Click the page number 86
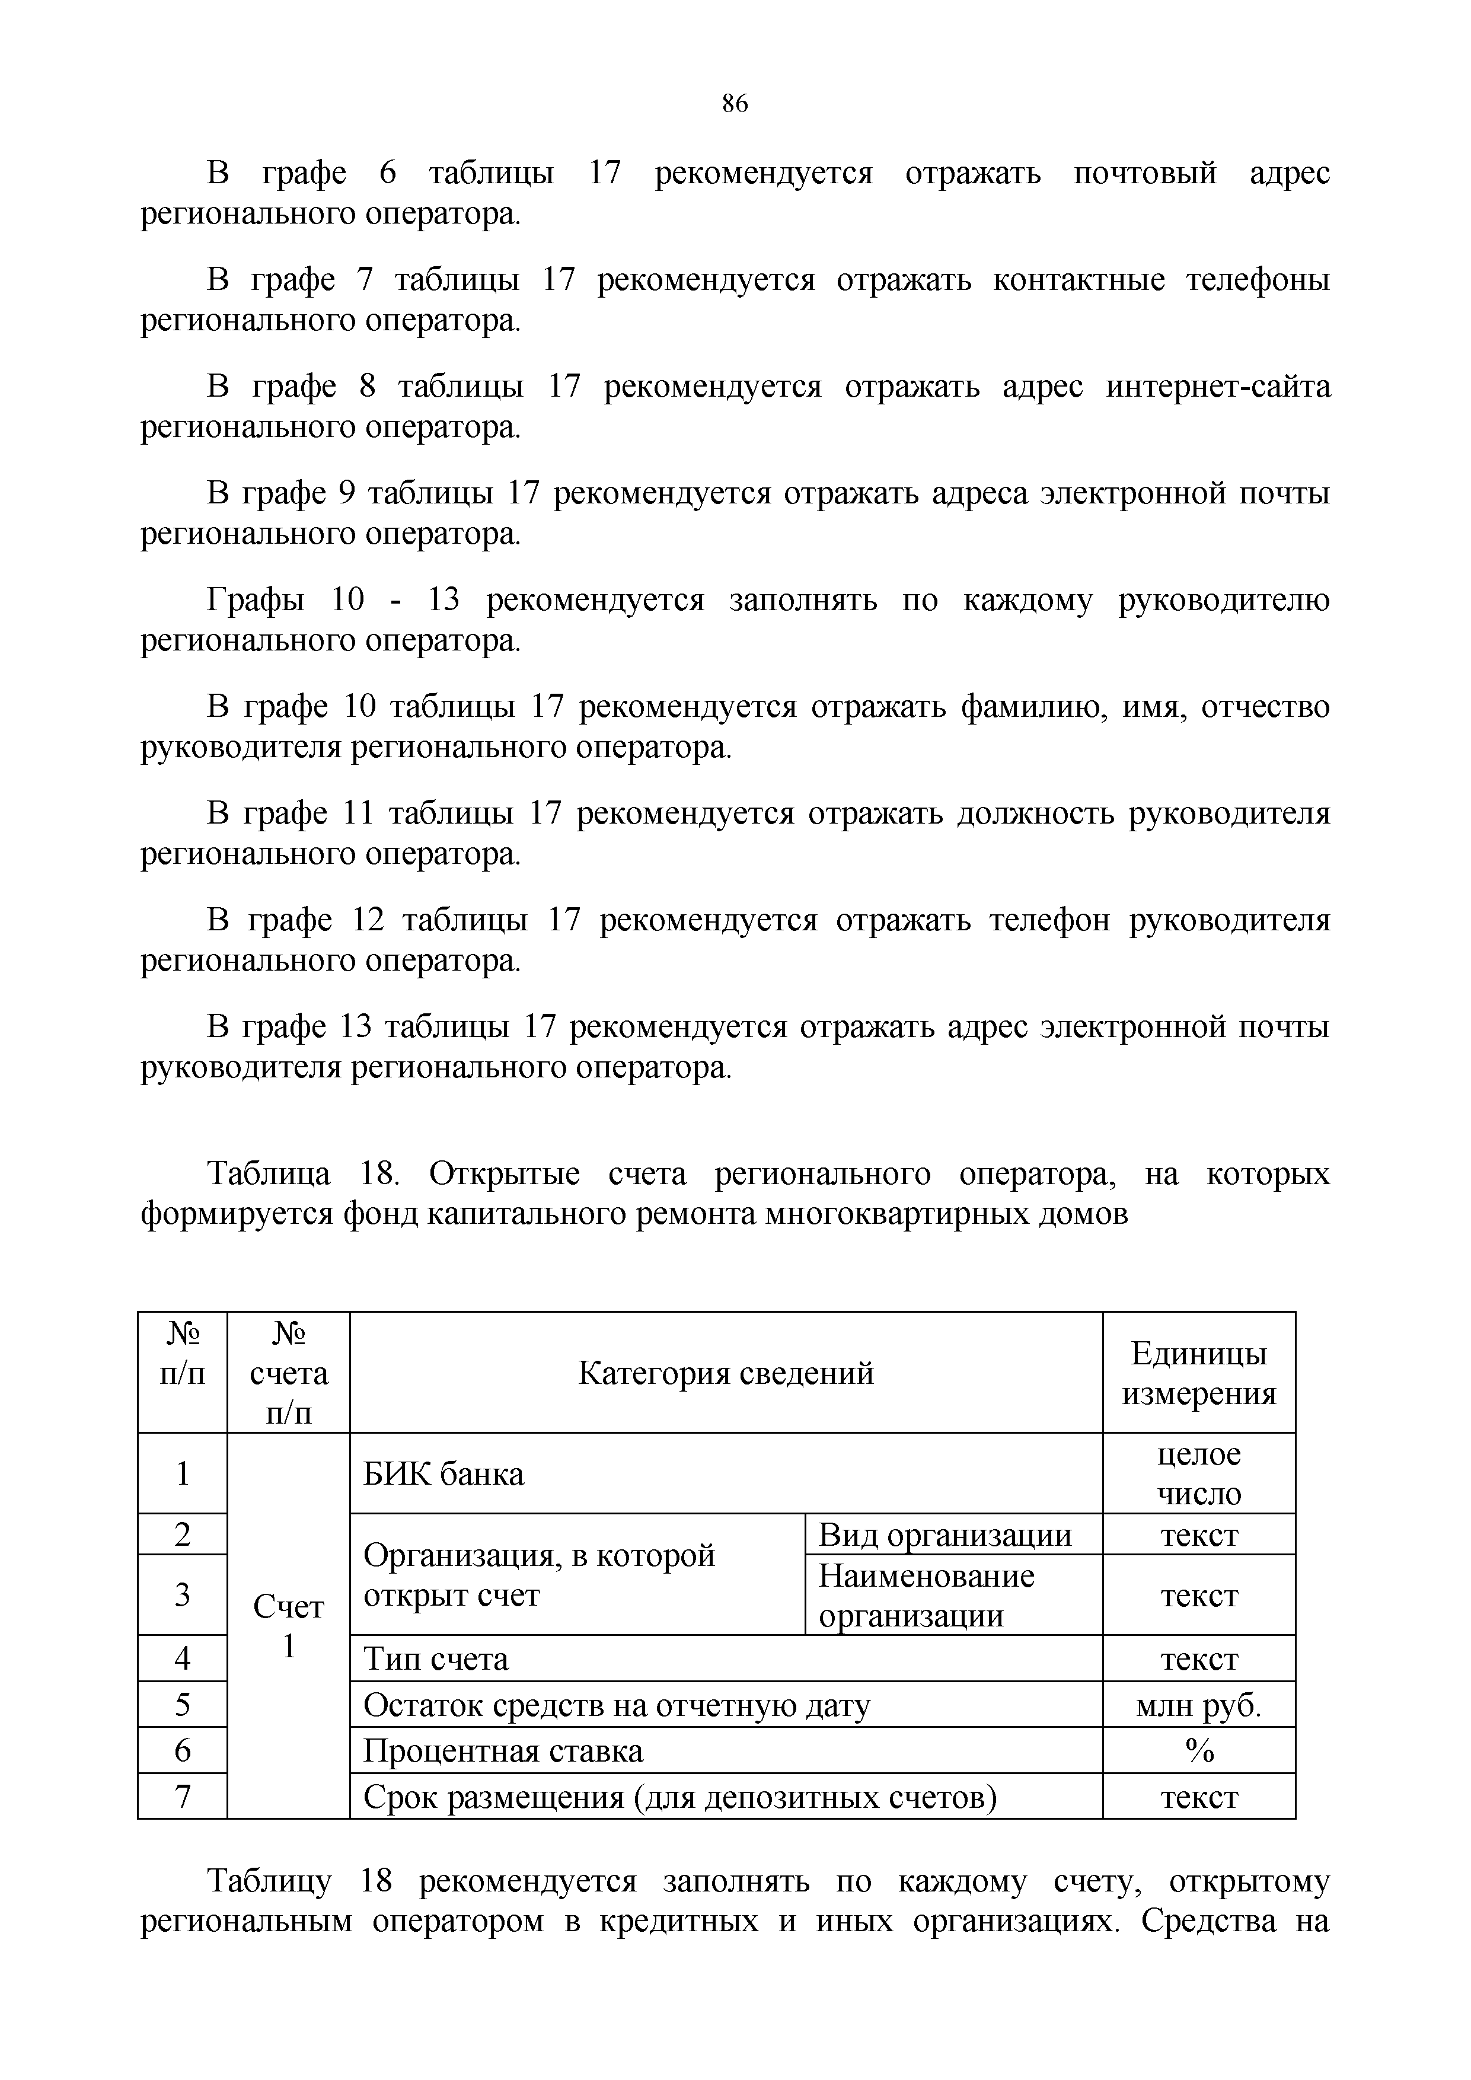click(735, 104)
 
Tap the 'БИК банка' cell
click(444, 1474)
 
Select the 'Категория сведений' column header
click(726, 1373)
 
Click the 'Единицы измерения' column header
click(1198, 1373)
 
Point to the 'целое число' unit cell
click(1198, 1474)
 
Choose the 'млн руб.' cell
click(1198, 1706)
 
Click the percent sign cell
click(1198, 1751)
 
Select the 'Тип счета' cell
click(436, 1659)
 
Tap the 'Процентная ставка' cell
click(503, 1751)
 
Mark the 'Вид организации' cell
click(944, 1535)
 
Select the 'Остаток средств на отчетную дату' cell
click(616, 1706)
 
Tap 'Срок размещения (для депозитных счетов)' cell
click(679, 1797)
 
